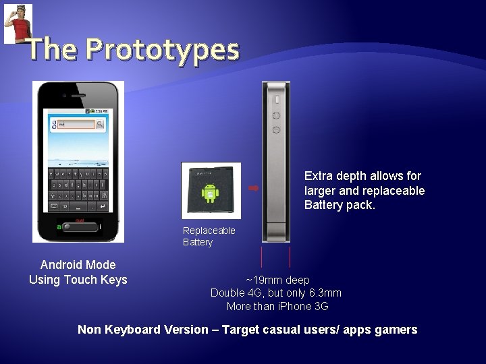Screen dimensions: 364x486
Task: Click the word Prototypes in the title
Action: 163,49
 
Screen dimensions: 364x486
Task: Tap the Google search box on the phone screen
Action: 72,125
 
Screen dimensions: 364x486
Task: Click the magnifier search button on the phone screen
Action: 100,125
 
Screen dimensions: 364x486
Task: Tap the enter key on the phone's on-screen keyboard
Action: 101,206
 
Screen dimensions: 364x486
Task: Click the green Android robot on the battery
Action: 210,193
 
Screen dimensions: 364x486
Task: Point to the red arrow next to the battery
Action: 254,188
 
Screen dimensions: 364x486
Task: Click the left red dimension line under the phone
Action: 262,257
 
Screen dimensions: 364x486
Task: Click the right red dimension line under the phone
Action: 290,257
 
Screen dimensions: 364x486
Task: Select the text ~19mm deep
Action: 277,280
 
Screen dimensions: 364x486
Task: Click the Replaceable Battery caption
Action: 209,236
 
